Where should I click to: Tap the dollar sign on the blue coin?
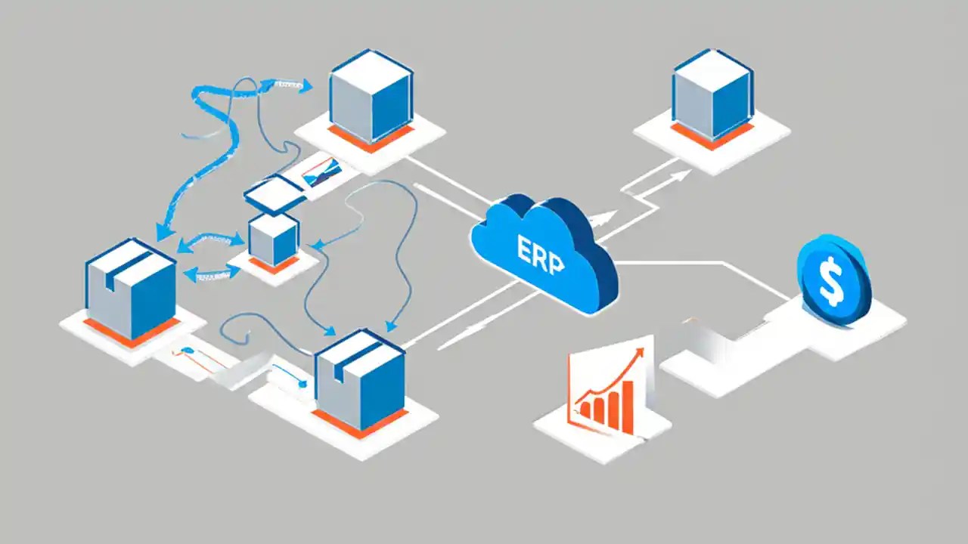[830, 279]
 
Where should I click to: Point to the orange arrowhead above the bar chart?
[640, 352]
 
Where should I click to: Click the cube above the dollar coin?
[712, 94]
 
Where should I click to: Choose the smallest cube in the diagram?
[273, 239]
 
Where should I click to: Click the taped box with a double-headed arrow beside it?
[130, 289]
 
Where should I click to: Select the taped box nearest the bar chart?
[360, 379]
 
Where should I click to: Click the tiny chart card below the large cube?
[320, 172]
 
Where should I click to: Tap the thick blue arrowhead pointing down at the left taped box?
[161, 233]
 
